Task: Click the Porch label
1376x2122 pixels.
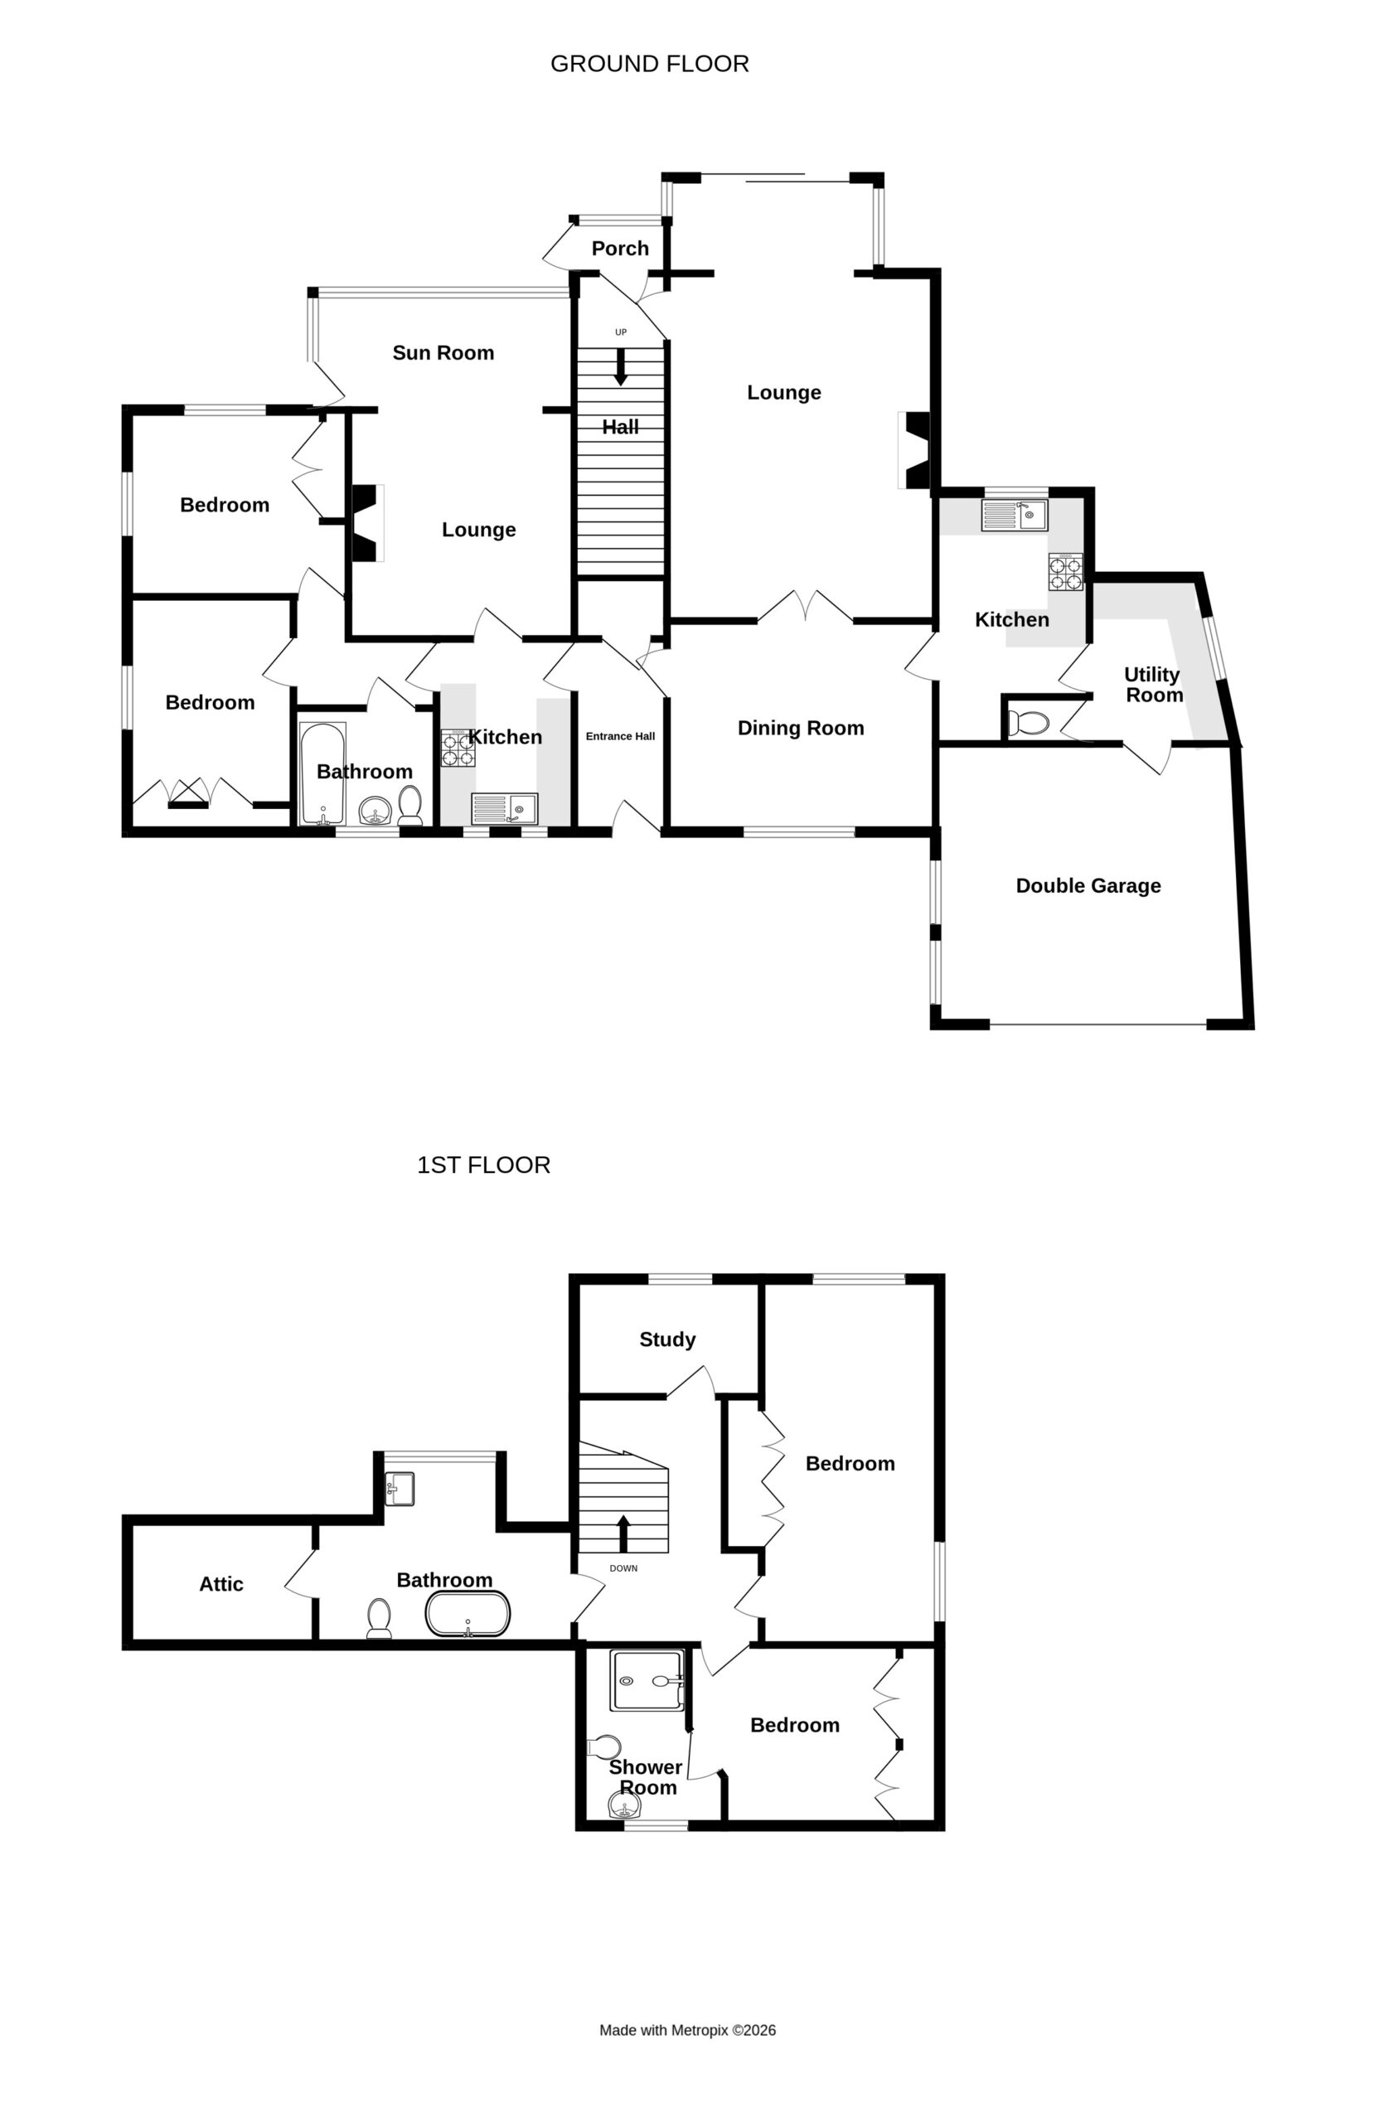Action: point(620,248)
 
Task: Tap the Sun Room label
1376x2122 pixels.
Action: point(443,352)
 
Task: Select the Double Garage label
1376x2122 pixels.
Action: point(1088,885)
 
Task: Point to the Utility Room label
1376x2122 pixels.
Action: point(1153,685)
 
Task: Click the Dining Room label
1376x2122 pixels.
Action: point(801,728)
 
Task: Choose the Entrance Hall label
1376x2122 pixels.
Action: point(620,736)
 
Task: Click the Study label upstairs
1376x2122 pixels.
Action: point(667,1340)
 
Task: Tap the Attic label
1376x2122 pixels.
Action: point(221,1583)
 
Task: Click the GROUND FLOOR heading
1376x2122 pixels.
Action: point(649,63)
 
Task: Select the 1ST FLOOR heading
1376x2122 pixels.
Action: point(483,1165)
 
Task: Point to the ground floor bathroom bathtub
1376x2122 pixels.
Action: point(322,774)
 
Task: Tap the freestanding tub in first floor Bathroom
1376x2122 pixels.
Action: point(468,1614)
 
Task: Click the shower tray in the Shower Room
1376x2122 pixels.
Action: point(647,1681)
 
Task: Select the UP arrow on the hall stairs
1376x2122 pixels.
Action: point(621,366)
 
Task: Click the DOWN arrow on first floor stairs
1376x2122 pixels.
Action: point(623,1533)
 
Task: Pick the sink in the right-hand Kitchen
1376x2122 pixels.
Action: point(1014,516)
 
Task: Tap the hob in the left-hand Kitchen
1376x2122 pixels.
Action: point(458,748)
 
